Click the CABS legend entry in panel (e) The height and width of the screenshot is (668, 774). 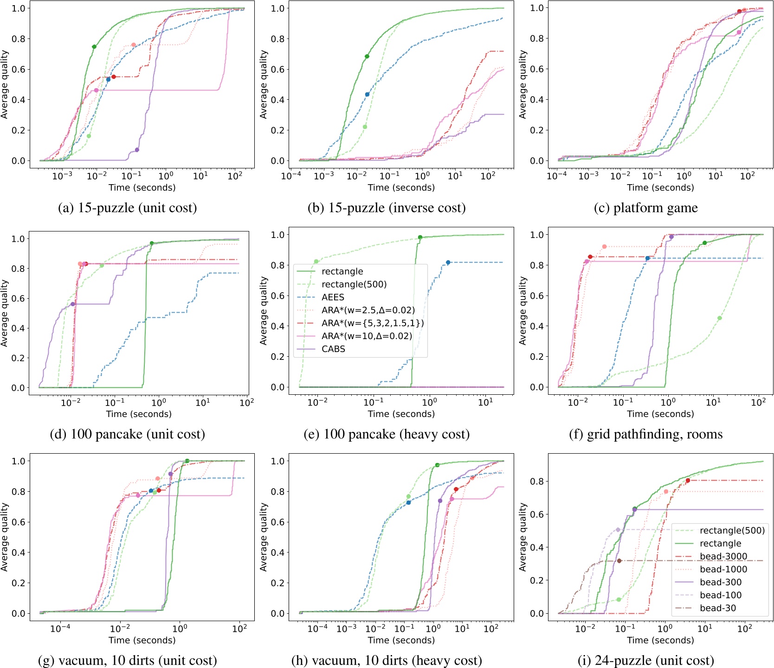333,349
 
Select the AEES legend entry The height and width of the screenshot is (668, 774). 333,297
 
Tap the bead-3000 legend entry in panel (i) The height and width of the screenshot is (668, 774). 723,556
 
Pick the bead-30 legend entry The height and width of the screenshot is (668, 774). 718,608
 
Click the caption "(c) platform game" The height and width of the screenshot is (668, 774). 645,208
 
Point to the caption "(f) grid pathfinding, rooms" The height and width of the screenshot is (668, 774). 645,434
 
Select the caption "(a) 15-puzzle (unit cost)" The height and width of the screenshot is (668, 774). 127,208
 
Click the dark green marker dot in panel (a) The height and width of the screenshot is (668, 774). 94,47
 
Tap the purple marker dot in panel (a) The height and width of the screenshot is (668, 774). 137,150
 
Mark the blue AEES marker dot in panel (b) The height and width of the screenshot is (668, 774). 367,95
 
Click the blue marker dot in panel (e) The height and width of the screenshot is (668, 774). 448,263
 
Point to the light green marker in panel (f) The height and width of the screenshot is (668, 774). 719,318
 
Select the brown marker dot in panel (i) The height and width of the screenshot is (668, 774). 619,561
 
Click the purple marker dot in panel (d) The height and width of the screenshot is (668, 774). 73,304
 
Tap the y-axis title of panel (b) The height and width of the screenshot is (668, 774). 264,84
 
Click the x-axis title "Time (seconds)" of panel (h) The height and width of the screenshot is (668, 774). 401,640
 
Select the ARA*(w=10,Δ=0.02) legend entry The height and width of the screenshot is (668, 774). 367,336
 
